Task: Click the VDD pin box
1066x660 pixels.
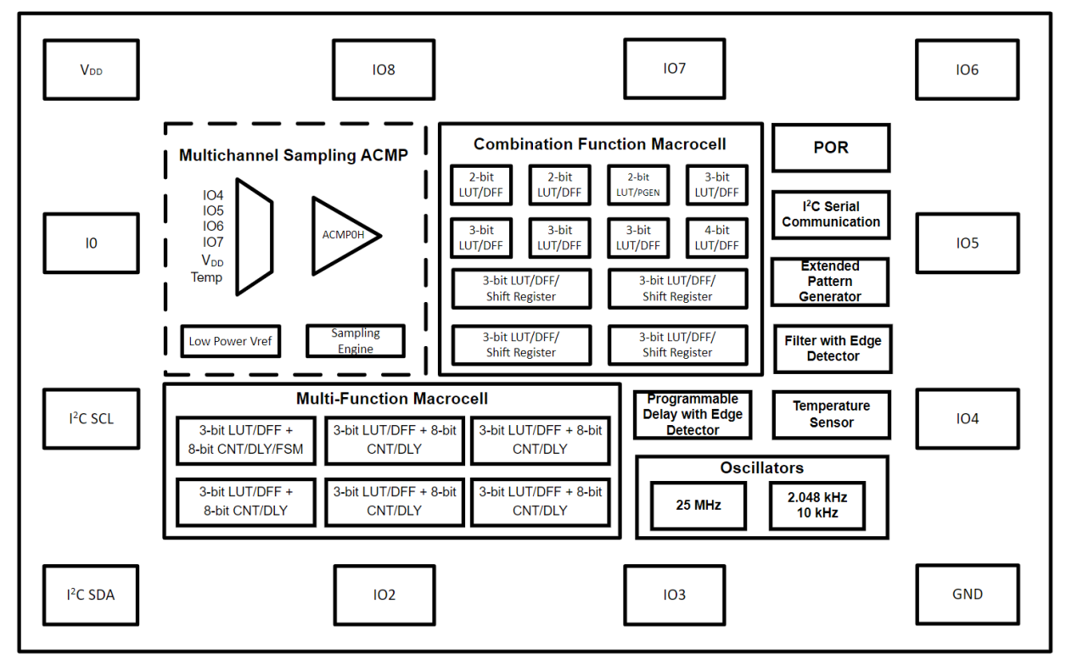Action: pyautogui.click(x=91, y=70)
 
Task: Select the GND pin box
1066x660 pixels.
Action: pyautogui.click(x=967, y=594)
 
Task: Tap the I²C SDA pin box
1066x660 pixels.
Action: pyautogui.click(x=91, y=595)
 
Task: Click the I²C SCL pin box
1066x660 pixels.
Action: pyautogui.click(x=91, y=418)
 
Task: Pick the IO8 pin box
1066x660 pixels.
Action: pyautogui.click(x=384, y=70)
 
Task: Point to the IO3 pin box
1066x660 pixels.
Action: pyautogui.click(x=674, y=595)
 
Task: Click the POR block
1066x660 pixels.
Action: pyautogui.click(x=830, y=148)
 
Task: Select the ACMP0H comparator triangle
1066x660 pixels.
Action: pyautogui.click(x=342, y=236)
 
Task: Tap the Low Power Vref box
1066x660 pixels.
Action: pyautogui.click(x=230, y=341)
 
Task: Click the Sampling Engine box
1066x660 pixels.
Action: pyautogui.click(x=355, y=341)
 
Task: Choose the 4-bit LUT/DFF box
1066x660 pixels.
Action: pyautogui.click(x=716, y=238)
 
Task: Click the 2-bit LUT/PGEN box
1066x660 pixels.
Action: pyautogui.click(x=638, y=185)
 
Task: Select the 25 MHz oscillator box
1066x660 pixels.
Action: pyautogui.click(x=698, y=506)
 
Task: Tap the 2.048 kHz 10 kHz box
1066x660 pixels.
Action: pyautogui.click(x=818, y=506)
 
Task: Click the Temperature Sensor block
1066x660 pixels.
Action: pyautogui.click(x=831, y=414)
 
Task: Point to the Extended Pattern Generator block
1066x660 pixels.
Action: pyautogui.click(x=830, y=282)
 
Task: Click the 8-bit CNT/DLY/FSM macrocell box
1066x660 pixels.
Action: pyautogui.click(x=246, y=439)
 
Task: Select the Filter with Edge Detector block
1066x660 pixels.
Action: pyautogui.click(x=832, y=348)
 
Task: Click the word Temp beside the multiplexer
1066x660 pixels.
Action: pyautogui.click(x=206, y=277)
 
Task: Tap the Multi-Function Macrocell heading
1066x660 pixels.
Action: pyautogui.click(x=391, y=399)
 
